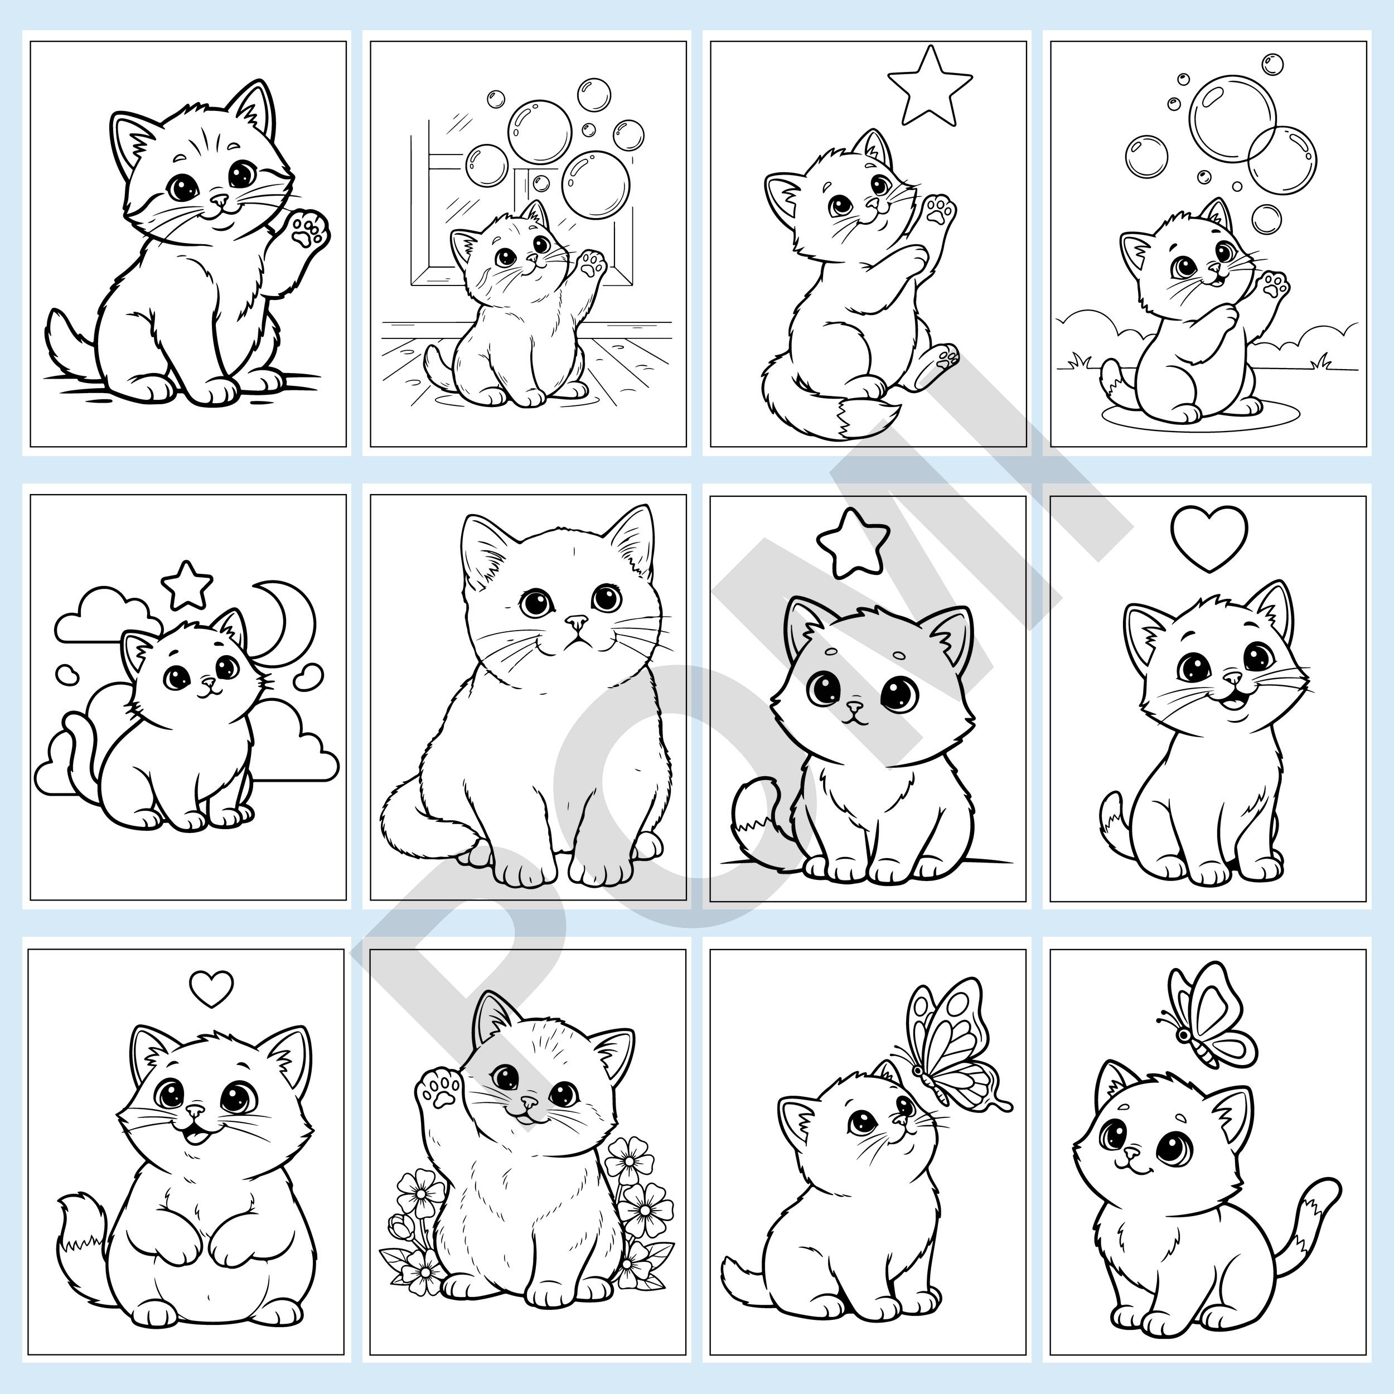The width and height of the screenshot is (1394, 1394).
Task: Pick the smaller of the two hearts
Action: [211, 989]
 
